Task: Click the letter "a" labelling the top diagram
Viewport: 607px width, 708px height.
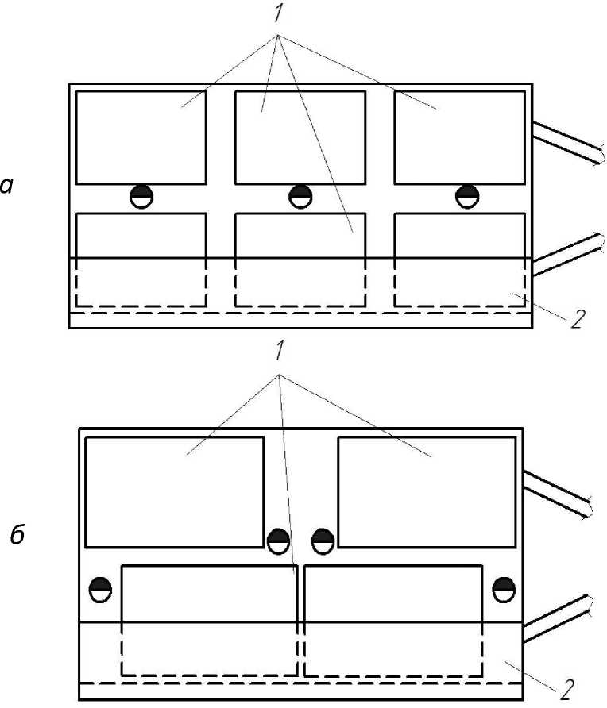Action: tap(7, 186)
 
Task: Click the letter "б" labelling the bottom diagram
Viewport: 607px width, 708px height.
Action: tap(17, 536)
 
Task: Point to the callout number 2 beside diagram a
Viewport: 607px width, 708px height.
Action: tap(578, 319)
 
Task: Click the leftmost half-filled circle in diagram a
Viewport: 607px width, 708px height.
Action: tap(141, 195)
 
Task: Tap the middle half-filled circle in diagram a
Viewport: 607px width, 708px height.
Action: tap(300, 195)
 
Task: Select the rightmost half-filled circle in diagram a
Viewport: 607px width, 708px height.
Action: tap(468, 195)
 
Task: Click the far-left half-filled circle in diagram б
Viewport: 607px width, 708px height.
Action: tap(101, 590)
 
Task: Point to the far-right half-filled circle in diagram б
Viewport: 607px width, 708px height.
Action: tap(504, 590)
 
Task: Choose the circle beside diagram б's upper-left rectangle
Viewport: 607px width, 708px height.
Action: tap(278, 541)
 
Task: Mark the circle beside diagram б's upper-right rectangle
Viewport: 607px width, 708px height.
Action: tap(323, 541)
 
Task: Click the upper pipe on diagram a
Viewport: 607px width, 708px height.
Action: tap(567, 144)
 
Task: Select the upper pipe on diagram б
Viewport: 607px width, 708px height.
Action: tap(557, 493)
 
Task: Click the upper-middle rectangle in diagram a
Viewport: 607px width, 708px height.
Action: tap(300, 137)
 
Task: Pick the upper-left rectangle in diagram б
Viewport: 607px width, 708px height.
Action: tap(174, 492)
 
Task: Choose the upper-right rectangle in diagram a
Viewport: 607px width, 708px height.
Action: tap(459, 137)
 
